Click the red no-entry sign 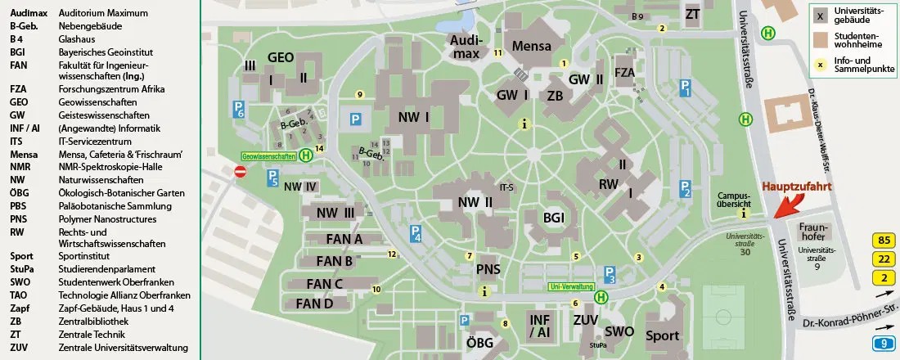241,172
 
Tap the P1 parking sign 686,88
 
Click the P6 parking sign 239,110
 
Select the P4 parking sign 416,234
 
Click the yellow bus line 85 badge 883,241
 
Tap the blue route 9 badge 883,344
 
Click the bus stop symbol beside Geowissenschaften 305,155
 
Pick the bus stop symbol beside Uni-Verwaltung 602,298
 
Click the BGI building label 555,217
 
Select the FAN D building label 314,304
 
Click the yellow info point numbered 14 320,148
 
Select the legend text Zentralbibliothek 93,322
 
